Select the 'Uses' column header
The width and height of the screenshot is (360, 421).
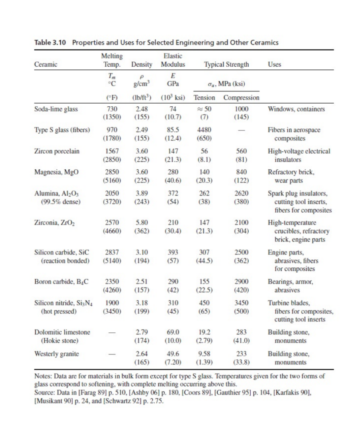pyautogui.click(x=276, y=64)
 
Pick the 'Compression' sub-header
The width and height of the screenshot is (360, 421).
pyautogui.click(x=241, y=98)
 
